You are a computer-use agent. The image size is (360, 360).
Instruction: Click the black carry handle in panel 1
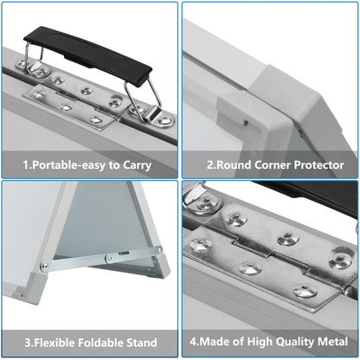87,55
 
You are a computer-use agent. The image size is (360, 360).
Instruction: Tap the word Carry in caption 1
137,165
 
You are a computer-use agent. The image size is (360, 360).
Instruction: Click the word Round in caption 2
234,165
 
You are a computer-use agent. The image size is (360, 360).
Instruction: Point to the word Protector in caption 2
318,165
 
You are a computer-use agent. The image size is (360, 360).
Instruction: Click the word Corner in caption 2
273,165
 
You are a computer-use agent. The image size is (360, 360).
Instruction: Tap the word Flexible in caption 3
54,343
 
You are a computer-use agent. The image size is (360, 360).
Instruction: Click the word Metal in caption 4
332,342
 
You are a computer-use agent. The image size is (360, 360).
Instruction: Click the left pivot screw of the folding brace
44,266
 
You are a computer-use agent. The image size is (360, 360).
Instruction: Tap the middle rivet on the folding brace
109,257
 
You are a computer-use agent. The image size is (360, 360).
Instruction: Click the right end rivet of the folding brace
158,251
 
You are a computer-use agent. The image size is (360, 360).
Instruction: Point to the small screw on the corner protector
246,123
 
